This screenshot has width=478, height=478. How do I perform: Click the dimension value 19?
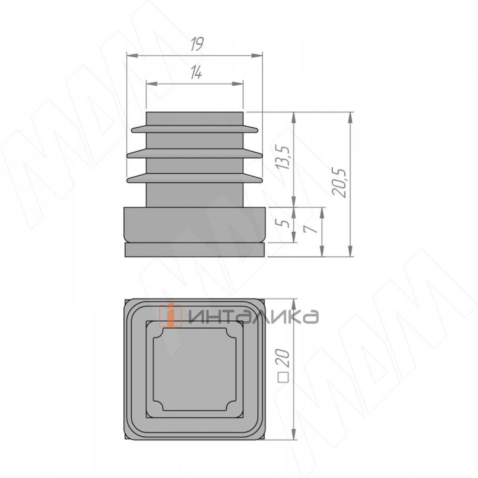pos(198,45)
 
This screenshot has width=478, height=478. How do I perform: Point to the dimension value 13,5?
pos(284,158)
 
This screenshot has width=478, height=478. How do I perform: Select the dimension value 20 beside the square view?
pos(284,358)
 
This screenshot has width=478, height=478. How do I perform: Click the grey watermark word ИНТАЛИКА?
pos(253,317)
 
